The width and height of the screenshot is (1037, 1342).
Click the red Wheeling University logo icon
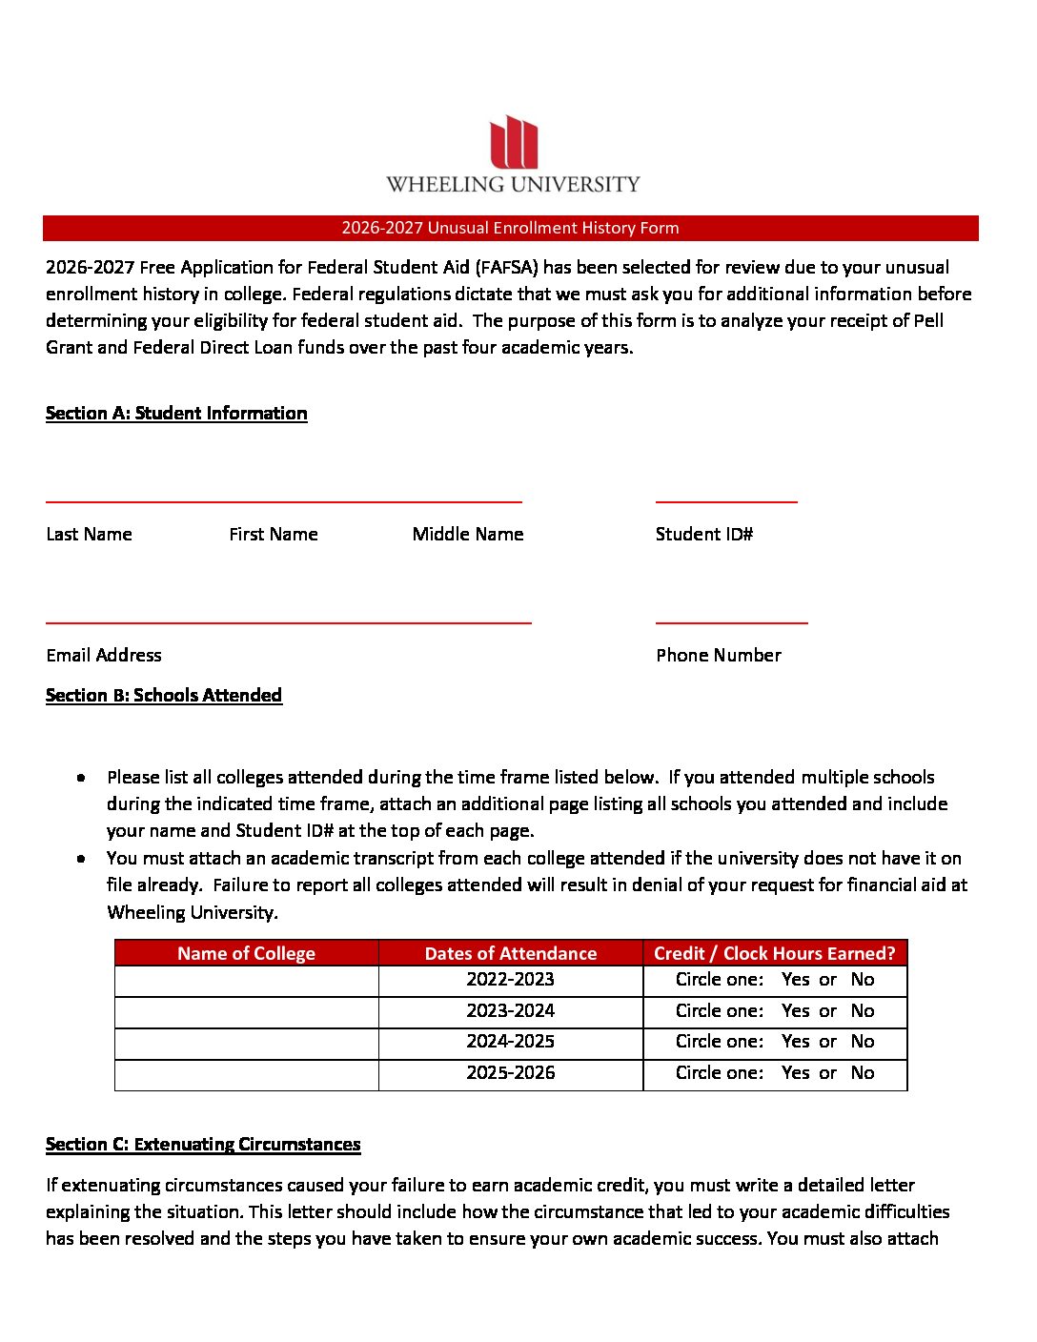coord(514,142)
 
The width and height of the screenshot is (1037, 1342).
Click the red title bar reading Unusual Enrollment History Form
coord(510,228)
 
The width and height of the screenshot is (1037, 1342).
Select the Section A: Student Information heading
coord(176,413)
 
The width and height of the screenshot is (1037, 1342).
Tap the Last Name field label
coord(89,534)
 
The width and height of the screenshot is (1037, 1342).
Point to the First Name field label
coord(274,534)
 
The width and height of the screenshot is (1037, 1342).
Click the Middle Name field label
coord(468,534)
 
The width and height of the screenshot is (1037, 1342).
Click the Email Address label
coord(104,655)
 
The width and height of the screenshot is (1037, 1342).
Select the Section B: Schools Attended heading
coord(164,695)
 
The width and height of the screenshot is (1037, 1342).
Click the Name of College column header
coord(246,953)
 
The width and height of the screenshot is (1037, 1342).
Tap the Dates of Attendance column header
coord(510,953)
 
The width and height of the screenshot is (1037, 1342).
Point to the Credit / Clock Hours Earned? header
coord(774,953)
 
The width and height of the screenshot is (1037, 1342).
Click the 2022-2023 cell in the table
coord(510,979)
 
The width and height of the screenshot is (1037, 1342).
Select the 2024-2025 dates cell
coord(510,1041)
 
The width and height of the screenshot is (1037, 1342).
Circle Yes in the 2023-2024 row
coord(795,1010)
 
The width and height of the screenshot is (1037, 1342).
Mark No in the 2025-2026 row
coord(863,1072)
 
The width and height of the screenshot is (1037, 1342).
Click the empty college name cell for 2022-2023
coord(246,981)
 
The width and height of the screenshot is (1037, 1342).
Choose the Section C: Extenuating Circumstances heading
coord(203,1144)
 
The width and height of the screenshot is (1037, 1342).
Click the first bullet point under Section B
coord(84,778)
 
